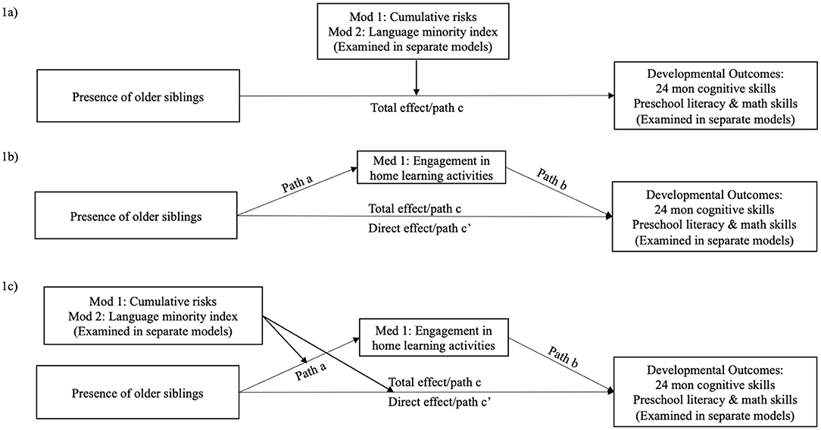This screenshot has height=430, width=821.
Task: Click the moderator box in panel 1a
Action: (416, 30)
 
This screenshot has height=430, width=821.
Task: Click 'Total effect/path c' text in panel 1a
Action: (416, 107)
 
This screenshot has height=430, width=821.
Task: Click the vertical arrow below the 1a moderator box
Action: (416, 76)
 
